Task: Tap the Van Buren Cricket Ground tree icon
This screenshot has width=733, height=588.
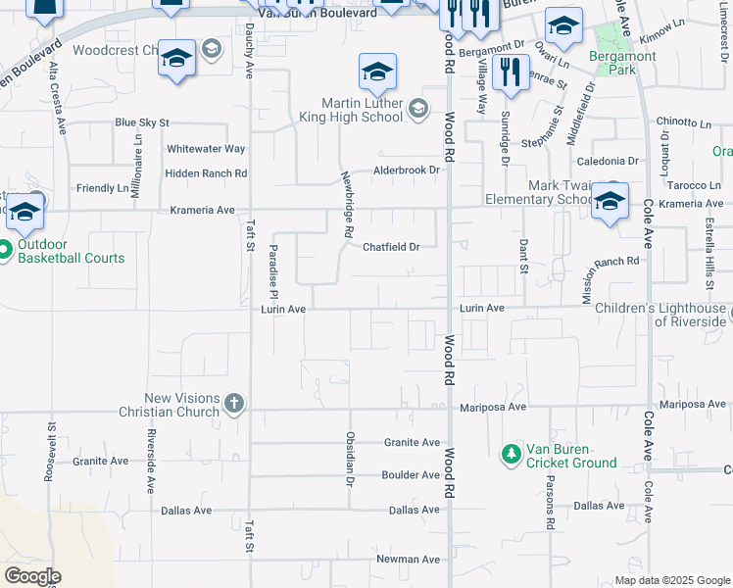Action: point(510,455)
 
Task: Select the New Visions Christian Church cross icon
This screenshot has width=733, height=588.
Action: point(233,403)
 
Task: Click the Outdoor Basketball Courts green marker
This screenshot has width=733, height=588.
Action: point(5,250)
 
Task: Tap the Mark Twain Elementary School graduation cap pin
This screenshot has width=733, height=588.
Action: point(610,202)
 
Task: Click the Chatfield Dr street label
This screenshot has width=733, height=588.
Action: point(391,247)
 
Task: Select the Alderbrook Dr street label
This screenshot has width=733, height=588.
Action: point(408,170)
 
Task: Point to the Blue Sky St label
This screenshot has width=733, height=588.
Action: point(142,122)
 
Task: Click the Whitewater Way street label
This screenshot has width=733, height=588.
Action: point(205,149)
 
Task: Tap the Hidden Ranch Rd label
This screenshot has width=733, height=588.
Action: point(206,173)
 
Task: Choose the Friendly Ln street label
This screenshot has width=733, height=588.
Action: point(102,188)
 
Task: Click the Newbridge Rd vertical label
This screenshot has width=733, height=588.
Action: point(347,205)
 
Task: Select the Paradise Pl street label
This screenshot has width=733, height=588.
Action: point(274,272)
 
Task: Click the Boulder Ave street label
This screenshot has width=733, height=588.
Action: point(411,475)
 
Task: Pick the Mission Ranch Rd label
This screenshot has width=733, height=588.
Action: point(611,262)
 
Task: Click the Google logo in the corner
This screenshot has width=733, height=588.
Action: point(32,576)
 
